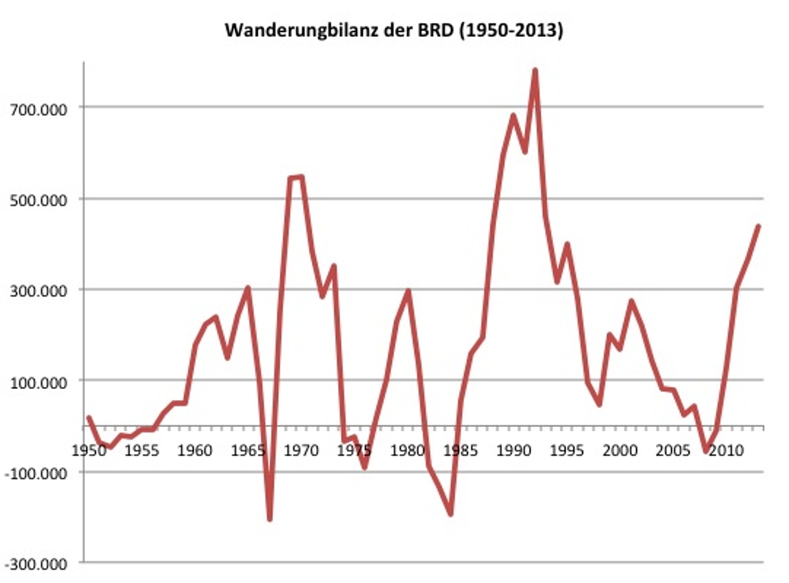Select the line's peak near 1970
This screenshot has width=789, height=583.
pyautogui.click(x=301, y=176)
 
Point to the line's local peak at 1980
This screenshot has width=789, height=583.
pyautogui.click(x=408, y=291)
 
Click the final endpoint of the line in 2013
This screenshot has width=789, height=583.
pyautogui.click(x=758, y=226)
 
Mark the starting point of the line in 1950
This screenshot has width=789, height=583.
pyautogui.click(x=89, y=417)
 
